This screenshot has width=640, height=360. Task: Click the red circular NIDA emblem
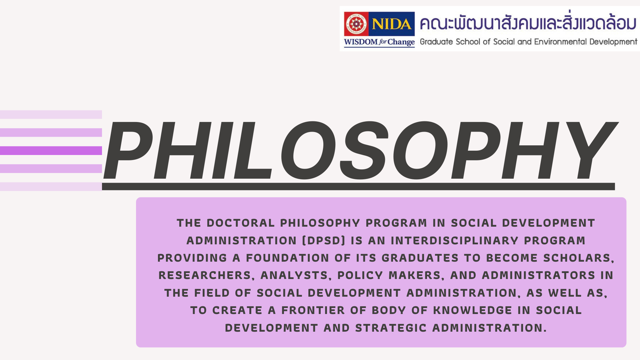tap(356, 24)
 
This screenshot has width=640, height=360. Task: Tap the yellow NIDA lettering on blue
tap(392, 24)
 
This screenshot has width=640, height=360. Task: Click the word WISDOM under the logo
tap(361, 42)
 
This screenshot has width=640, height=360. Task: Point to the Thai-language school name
tap(528, 23)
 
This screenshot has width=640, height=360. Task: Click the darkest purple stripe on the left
tap(51, 151)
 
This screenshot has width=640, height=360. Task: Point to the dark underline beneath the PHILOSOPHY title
tap(358, 187)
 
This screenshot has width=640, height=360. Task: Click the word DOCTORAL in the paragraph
tap(241, 223)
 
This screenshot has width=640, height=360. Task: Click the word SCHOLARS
tap(579, 258)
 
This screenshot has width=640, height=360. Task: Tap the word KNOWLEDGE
tap(473, 310)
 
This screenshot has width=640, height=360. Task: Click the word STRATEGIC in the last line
tap(391, 328)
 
